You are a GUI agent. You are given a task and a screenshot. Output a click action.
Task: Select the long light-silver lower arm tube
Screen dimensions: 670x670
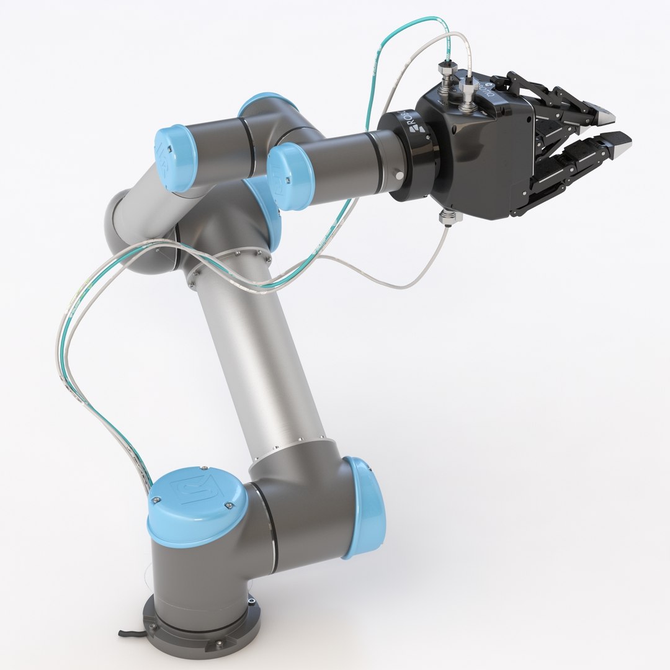click(x=261, y=360)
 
